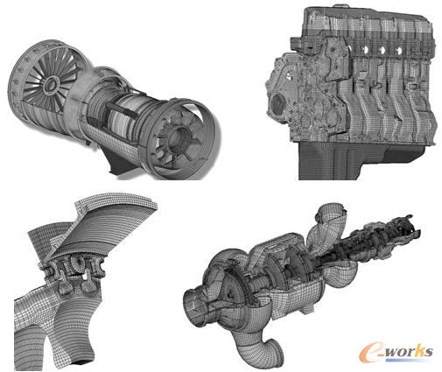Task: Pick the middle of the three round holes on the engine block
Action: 381,51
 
